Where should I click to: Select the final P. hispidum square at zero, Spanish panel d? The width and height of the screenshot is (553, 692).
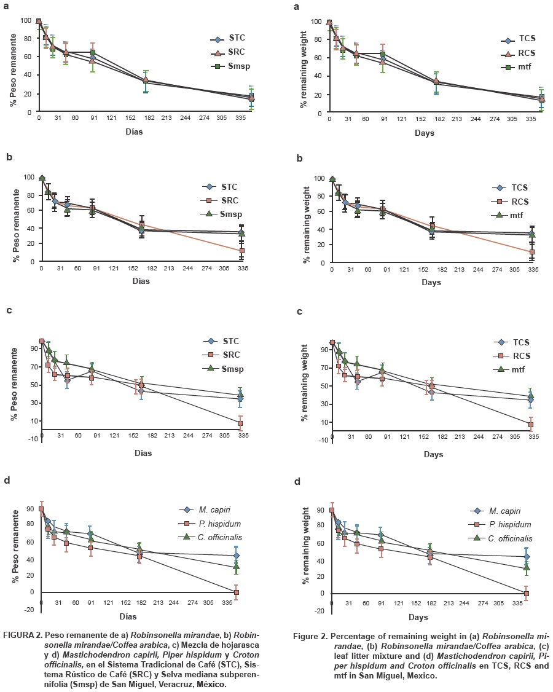point(236,592)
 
